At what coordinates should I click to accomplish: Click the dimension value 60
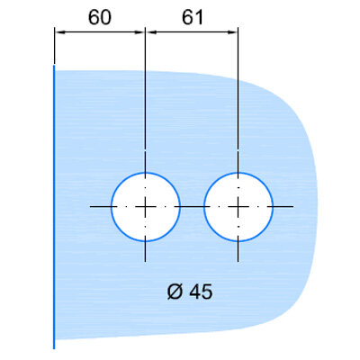[x=100, y=17]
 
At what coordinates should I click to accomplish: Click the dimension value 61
[x=193, y=17]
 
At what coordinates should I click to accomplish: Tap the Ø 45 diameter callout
[x=190, y=292]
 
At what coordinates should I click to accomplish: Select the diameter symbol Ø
[x=175, y=292]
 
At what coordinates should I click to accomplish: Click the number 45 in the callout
[x=202, y=292]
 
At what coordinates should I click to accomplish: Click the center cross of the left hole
[x=145, y=207]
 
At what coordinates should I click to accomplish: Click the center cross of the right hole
[x=238, y=207]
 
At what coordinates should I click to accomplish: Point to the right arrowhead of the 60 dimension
[x=139, y=32]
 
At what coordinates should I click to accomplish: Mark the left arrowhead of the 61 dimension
[x=151, y=32]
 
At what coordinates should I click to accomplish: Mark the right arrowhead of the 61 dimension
[x=232, y=32]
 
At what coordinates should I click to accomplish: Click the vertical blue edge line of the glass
[x=54, y=207]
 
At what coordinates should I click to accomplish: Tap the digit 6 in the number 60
[x=94, y=17]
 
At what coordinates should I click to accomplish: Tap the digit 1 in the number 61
[x=199, y=17]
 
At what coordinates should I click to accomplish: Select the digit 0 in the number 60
[x=105, y=17]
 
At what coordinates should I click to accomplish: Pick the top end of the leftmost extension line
[x=54, y=28]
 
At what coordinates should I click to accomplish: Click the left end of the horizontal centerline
[x=90, y=207]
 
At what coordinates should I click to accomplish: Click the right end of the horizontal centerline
[x=293, y=207]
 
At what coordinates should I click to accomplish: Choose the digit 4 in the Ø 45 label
[x=195, y=292]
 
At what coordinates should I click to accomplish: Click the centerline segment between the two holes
[x=192, y=207]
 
